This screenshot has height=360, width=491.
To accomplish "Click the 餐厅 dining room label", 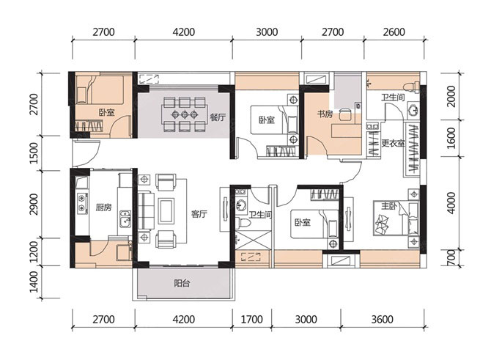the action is (x=218, y=118).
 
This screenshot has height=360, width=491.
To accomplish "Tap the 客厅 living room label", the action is (x=199, y=214).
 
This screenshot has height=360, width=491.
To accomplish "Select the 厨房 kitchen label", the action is (x=103, y=207).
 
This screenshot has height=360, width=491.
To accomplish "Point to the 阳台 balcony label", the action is (x=182, y=284).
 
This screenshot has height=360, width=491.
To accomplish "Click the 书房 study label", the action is (x=325, y=114).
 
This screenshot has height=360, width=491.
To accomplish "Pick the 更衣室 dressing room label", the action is (x=394, y=144).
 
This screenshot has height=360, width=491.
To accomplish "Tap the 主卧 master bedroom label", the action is (x=388, y=206).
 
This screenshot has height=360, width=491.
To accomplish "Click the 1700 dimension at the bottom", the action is (x=251, y=319).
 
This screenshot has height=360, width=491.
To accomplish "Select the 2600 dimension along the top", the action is (x=394, y=32).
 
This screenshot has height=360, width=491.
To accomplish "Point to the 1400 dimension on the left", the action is (x=34, y=282).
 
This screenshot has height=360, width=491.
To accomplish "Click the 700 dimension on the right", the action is (x=451, y=258).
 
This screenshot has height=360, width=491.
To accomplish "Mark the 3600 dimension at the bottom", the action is (x=382, y=319).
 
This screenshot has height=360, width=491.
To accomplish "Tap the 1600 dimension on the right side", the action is (x=451, y=139).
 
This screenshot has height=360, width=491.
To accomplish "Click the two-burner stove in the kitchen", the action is (x=82, y=202).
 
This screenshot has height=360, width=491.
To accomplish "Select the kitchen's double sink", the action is (x=125, y=218).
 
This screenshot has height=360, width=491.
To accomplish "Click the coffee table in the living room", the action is (x=166, y=211).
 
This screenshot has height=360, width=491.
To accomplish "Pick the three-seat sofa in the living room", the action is (x=146, y=211).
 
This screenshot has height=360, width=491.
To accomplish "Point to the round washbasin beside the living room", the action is (x=241, y=206).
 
